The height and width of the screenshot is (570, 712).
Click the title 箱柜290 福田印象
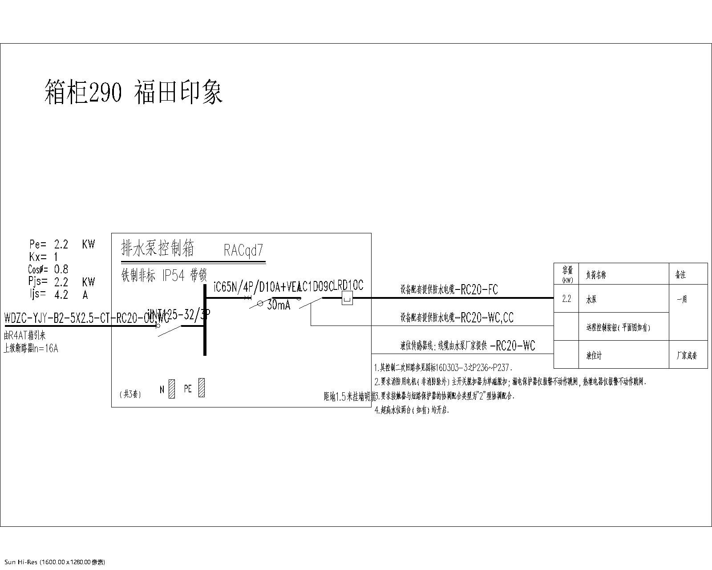tap(133, 92)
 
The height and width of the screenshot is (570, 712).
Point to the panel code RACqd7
tap(243, 251)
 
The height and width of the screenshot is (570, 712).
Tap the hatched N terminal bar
tap(172, 388)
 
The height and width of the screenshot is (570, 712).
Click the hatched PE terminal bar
tap(201, 387)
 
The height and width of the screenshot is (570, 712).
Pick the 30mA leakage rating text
tap(279, 305)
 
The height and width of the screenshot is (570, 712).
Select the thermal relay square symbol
tap(347, 299)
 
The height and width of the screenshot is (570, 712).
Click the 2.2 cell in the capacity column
tap(566, 299)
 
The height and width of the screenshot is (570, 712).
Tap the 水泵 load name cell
tap(591, 300)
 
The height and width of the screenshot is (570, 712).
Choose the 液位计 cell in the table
tap(594, 356)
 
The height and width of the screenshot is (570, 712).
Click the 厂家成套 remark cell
tap(687, 356)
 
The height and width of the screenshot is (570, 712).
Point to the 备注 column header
tap(680, 275)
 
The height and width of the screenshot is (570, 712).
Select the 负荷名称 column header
tap(595, 275)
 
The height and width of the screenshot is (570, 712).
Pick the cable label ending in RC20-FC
tap(449, 290)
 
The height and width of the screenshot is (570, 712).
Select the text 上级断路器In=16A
tap(31, 349)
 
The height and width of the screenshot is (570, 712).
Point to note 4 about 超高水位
tap(413, 410)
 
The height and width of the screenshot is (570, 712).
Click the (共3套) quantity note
tap(130, 394)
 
